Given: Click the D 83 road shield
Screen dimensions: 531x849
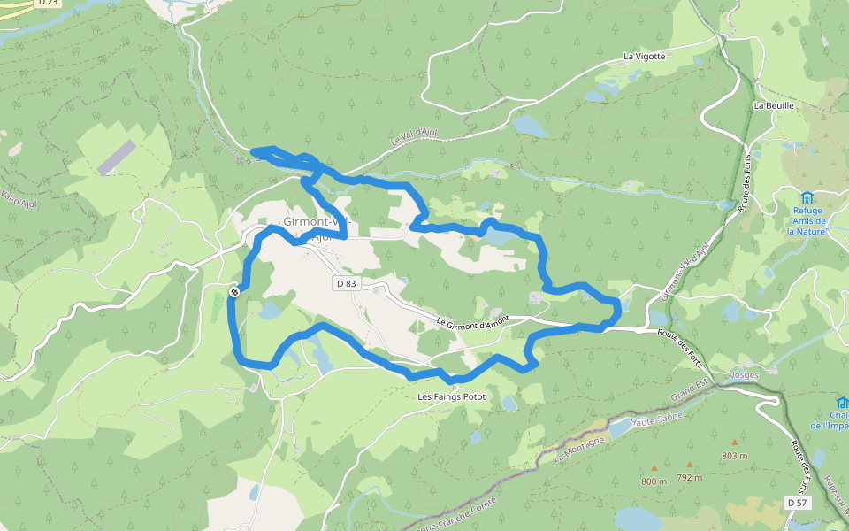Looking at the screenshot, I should point(346,284).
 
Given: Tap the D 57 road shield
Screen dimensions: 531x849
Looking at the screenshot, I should point(797,503).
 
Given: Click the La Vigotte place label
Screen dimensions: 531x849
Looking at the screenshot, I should point(644,56).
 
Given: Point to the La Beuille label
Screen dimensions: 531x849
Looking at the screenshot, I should point(774,105).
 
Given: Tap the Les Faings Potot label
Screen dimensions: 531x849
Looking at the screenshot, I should point(451,396).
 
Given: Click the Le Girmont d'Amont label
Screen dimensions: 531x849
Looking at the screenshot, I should point(473,322).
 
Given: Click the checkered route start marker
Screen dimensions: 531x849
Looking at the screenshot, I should point(234,292).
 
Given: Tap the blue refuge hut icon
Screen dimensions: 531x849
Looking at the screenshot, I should point(806,196).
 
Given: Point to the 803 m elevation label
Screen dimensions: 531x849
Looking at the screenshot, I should point(734,456).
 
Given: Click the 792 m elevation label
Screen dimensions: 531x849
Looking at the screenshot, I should point(689,478).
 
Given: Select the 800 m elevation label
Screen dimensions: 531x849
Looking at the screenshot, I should point(654,481).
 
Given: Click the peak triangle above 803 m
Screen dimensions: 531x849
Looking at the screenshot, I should point(734,442).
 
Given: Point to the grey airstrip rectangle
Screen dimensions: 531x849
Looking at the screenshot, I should point(117,157).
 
